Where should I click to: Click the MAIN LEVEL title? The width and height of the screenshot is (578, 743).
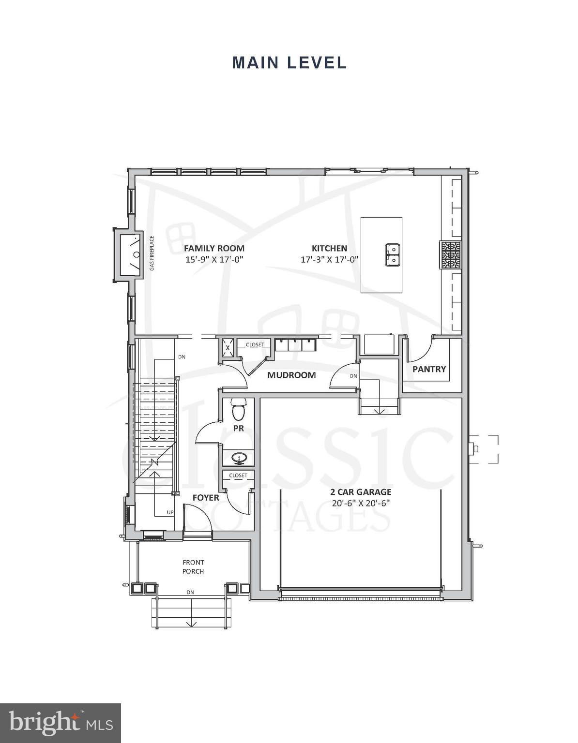pyautogui.click(x=289, y=62)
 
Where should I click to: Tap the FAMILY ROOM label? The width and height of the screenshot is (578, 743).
pyautogui.click(x=214, y=248)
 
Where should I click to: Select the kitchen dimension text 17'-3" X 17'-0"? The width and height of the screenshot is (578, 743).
pyautogui.click(x=329, y=260)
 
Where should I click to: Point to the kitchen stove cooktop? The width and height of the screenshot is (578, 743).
pyautogui.click(x=450, y=254)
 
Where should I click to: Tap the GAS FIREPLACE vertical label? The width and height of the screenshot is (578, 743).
pyautogui.click(x=152, y=253)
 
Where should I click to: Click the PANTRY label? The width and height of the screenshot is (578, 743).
pyautogui.click(x=429, y=369)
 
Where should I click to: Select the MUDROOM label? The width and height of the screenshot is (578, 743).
pyautogui.click(x=291, y=375)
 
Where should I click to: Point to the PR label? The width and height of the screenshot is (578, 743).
pyautogui.click(x=238, y=428)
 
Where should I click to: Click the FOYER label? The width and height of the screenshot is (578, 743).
pyautogui.click(x=206, y=498)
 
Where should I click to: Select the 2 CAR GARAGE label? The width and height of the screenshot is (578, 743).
pyautogui.click(x=361, y=492)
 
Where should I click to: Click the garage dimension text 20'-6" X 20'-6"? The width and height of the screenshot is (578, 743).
pyautogui.click(x=361, y=503)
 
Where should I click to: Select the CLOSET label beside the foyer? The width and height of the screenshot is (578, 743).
pyautogui.click(x=238, y=476)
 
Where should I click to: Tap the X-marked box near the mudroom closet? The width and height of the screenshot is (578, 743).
pyautogui.click(x=228, y=347)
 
